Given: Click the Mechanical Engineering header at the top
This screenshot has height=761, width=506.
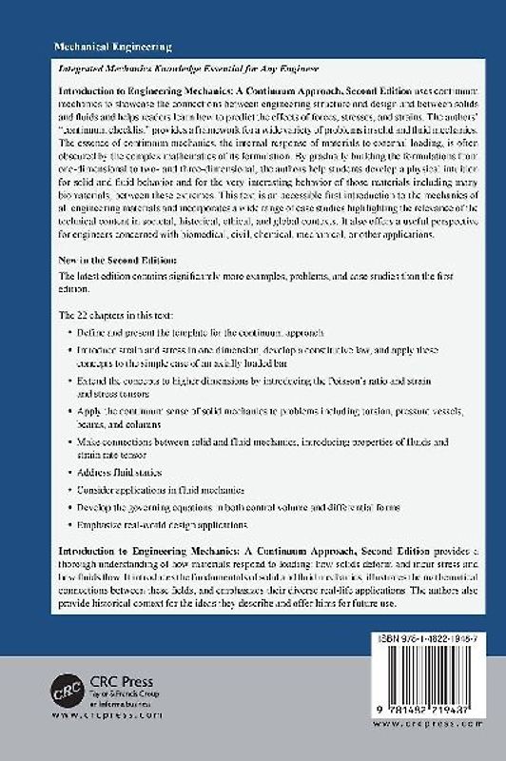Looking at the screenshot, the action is (102, 46).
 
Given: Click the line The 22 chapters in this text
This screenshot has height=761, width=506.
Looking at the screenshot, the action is (108, 314).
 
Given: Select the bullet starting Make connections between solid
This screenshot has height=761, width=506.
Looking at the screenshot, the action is (247, 444).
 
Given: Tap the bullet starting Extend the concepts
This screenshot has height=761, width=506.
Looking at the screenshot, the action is (238, 386).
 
